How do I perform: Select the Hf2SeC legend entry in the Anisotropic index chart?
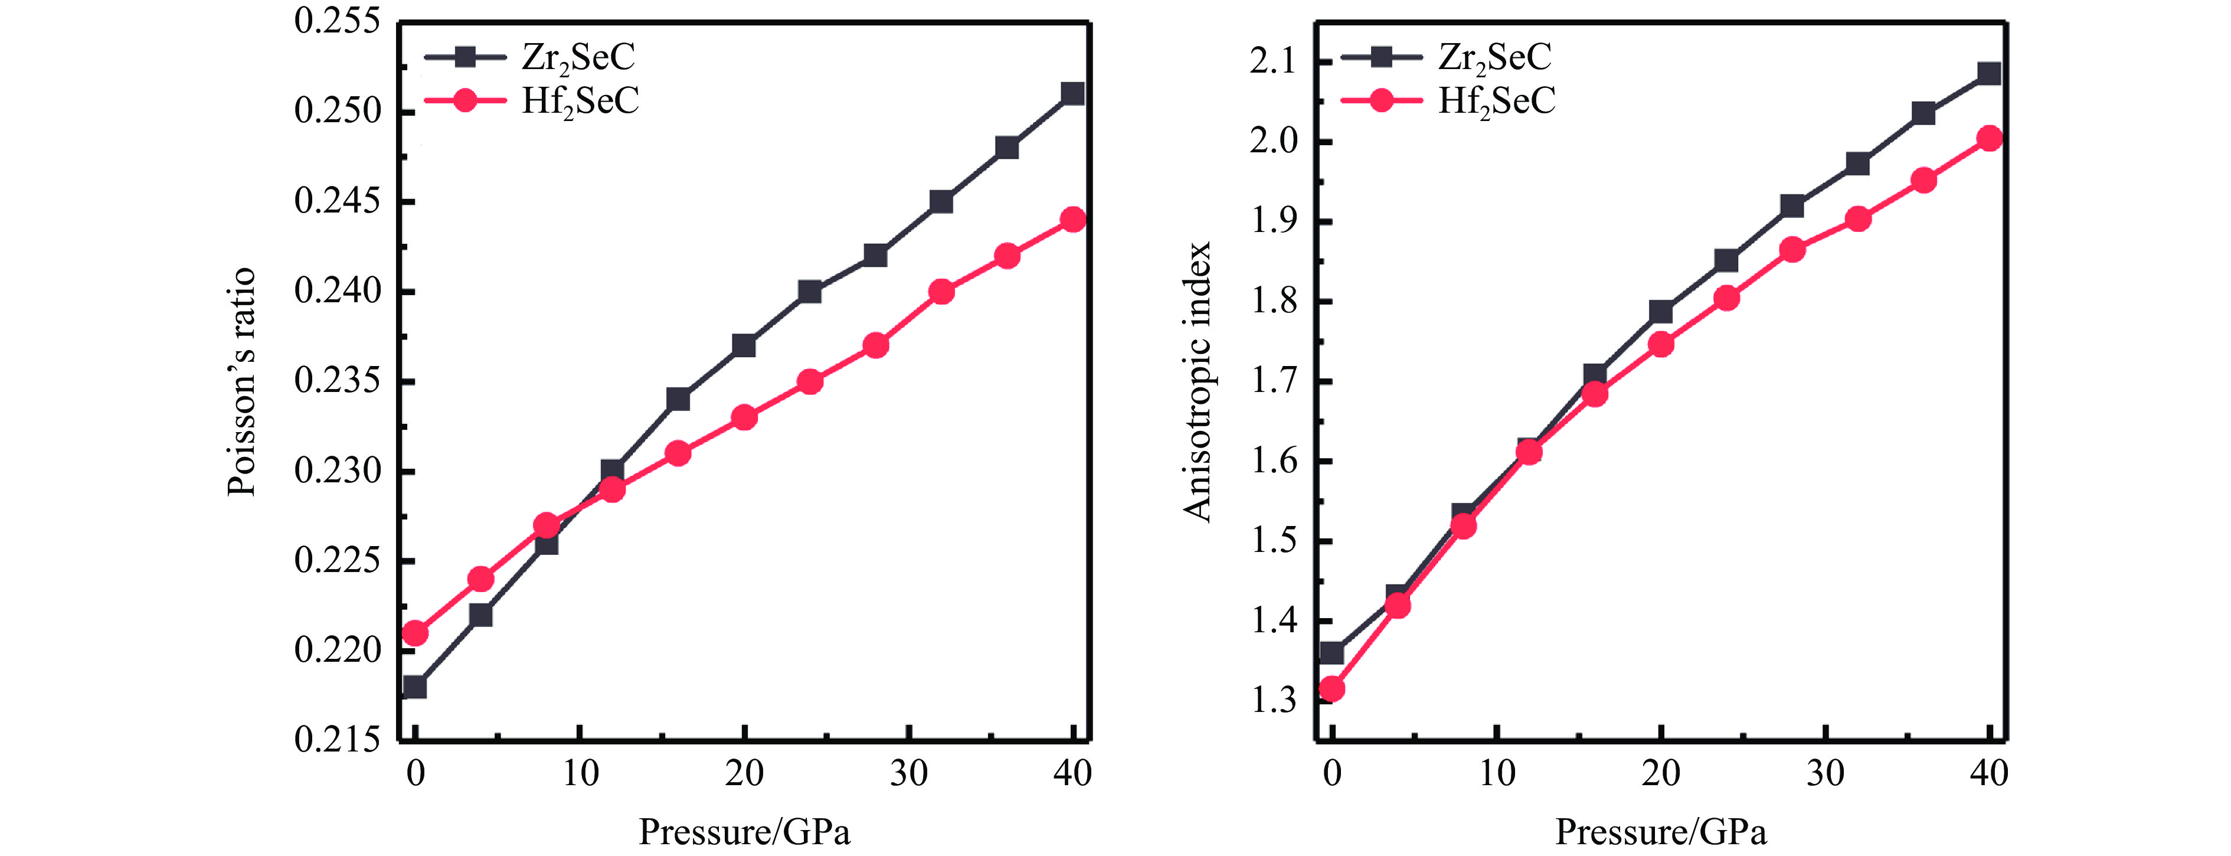[x=1496, y=102]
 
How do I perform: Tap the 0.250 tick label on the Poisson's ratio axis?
[x=337, y=112]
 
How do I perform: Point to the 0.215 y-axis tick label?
[x=337, y=740]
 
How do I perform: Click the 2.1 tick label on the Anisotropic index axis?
[x=1272, y=63]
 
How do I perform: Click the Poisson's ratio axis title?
[x=241, y=382]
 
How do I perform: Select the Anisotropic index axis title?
[x=1198, y=382]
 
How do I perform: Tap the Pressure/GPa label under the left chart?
[x=744, y=832]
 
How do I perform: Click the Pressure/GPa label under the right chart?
[x=1660, y=832]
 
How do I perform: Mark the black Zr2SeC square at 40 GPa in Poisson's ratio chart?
[x=1072, y=94]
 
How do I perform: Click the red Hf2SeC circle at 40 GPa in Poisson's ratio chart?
[x=1072, y=219]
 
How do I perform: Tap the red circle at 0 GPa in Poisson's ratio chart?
[x=415, y=633]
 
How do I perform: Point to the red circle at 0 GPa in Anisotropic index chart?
[x=1332, y=690]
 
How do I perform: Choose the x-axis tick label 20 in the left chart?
[x=744, y=773]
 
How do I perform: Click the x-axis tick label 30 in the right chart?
[x=1825, y=773]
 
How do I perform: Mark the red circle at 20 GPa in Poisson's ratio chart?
[x=744, y=417]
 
